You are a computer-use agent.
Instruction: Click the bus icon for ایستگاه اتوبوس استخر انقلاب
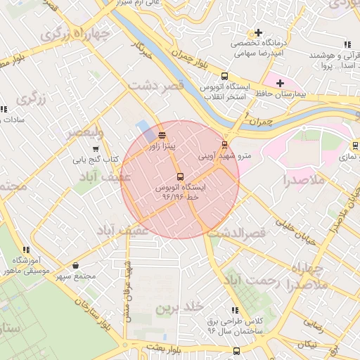coord(224,76)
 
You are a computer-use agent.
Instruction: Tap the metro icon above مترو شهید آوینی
coord(224,145)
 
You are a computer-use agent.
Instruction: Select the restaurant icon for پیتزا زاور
coord(162,135)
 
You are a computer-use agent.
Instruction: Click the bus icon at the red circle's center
coord(180,176)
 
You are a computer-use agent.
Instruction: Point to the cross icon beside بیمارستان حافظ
coord(280,83)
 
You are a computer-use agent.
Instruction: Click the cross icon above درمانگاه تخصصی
coord(259,32)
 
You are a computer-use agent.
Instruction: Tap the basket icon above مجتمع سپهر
coord(76,266)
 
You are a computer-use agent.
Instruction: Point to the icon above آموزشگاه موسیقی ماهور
coord(26,250)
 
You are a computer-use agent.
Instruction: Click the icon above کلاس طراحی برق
coord(235,310)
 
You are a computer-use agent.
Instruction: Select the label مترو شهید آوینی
coord(224,156)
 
